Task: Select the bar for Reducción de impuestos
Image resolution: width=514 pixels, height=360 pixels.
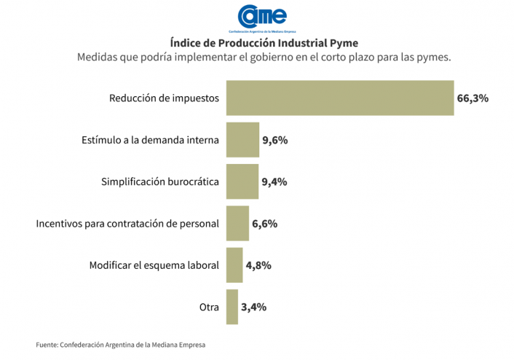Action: click(x=340, y=98)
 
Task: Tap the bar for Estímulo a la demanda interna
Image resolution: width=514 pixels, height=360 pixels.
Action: click(x=242, y=139)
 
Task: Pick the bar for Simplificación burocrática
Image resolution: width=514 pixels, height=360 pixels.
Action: click(x=242, y=181)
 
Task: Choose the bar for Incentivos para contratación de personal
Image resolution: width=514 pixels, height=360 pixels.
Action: click(x=237, y=223)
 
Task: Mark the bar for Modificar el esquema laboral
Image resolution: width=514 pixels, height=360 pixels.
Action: click(x=234, y=265)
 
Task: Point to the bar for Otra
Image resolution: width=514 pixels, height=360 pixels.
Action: click(x=232, y=307)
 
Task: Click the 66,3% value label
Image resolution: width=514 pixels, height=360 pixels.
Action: click(x=473, y=98)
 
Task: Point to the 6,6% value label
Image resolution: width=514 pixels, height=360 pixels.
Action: click(x=265, y=224)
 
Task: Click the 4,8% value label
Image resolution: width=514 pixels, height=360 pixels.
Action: click(x=258, y=266)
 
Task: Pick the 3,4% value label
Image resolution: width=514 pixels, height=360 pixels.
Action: click(x=253, y=308)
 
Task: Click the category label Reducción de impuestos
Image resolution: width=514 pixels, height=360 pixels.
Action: click(x=164, y=98)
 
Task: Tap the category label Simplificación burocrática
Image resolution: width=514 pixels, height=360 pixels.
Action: click(x=159, y=182)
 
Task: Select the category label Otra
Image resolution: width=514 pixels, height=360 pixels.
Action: click(x=209, y=308)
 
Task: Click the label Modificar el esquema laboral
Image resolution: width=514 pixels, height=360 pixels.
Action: click(x=154, y=266)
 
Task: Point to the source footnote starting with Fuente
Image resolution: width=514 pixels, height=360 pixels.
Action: click(x=125, y=345)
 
